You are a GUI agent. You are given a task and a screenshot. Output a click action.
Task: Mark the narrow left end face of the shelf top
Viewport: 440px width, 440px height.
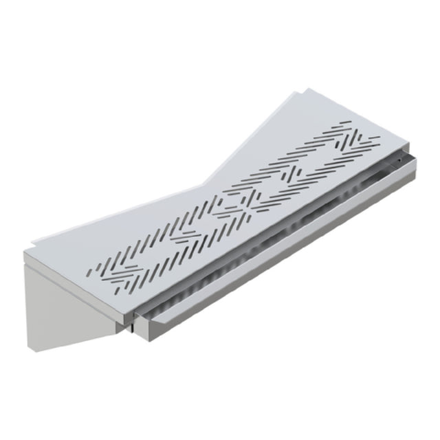pyautogui.click(x=27, y=258)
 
